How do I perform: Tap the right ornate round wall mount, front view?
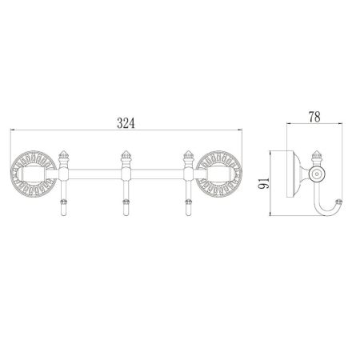(218, 174)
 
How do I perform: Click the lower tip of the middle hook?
(125, 213)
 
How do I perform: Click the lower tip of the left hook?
(62, 213)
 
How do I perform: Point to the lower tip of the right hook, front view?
(189, 213)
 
